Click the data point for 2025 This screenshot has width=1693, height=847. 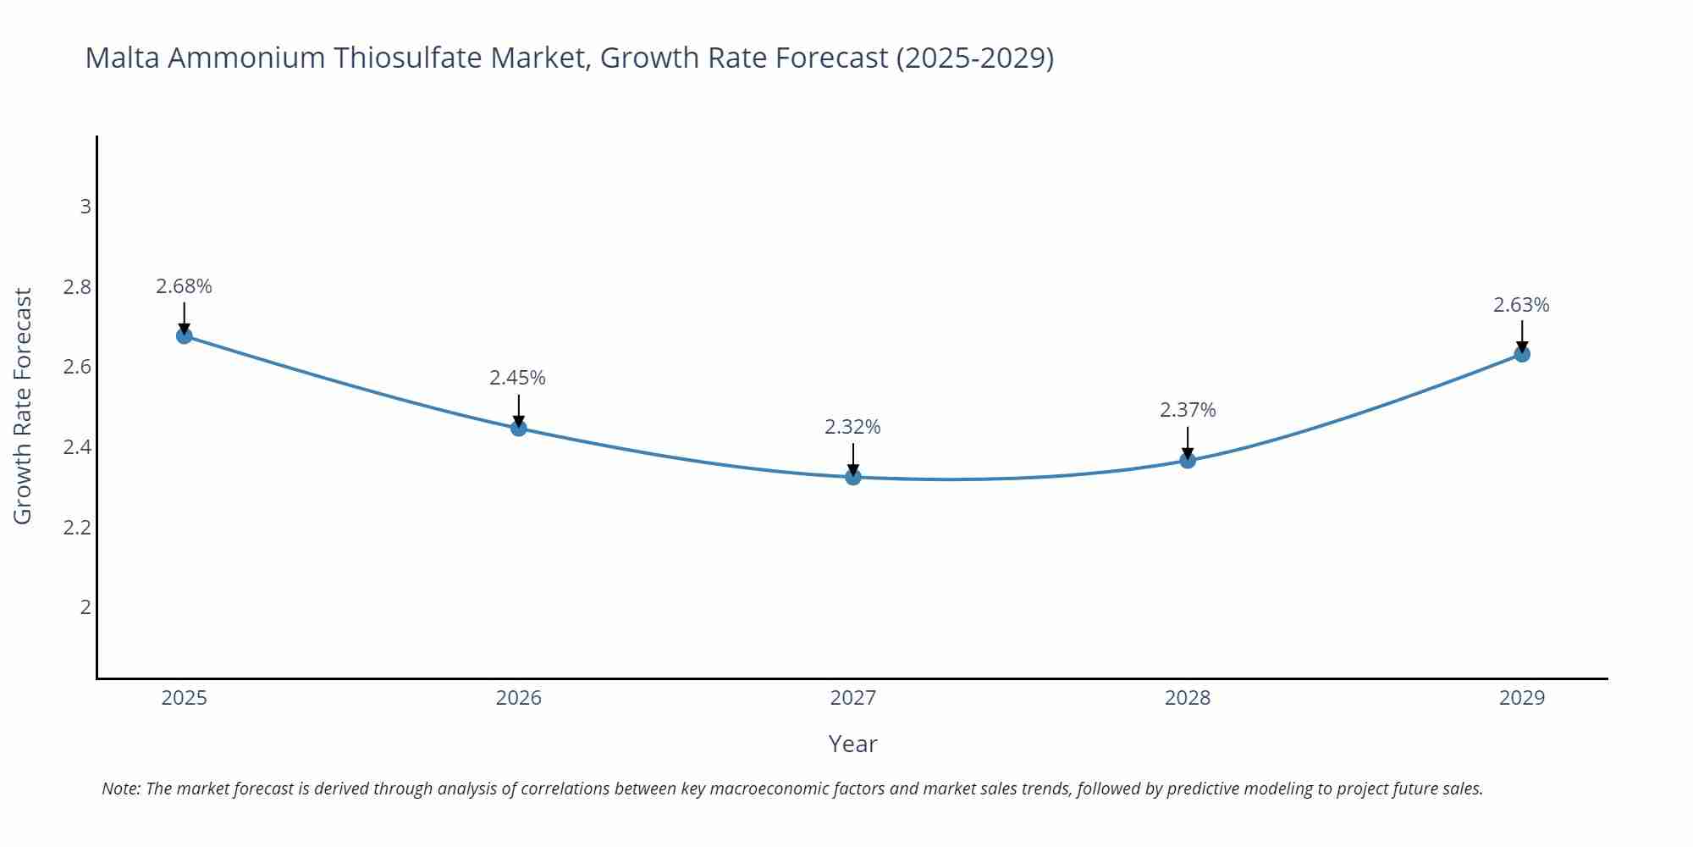(x=185, y=336)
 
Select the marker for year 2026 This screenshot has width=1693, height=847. (x=519, y=428)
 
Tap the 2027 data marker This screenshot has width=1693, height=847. (x=853, y=477)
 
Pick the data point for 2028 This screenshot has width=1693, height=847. (x=1188, y=460)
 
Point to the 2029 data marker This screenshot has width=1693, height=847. (x=1522, y=354)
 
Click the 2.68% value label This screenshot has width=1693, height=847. (x=184, y=286)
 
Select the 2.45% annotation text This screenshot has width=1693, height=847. (x=517, y=378)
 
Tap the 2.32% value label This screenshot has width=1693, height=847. (x=852, y=427)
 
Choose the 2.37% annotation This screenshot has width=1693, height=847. (x=1188, y=410)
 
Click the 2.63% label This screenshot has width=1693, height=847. (x=1521, y=305)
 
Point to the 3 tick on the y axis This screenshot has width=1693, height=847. (x=85, y=207)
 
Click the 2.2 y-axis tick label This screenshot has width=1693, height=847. (x=77, y=528)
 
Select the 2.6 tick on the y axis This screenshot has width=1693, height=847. (x=77, y=367)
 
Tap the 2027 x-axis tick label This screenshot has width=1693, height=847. (x=853, y=698)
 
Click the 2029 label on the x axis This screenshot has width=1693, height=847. (x=1522, y=698)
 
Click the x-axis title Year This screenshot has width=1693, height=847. (x=852, y=744)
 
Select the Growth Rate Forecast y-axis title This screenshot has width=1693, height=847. (x=23, y=406)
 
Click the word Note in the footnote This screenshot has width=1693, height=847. (x=119, y=789)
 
